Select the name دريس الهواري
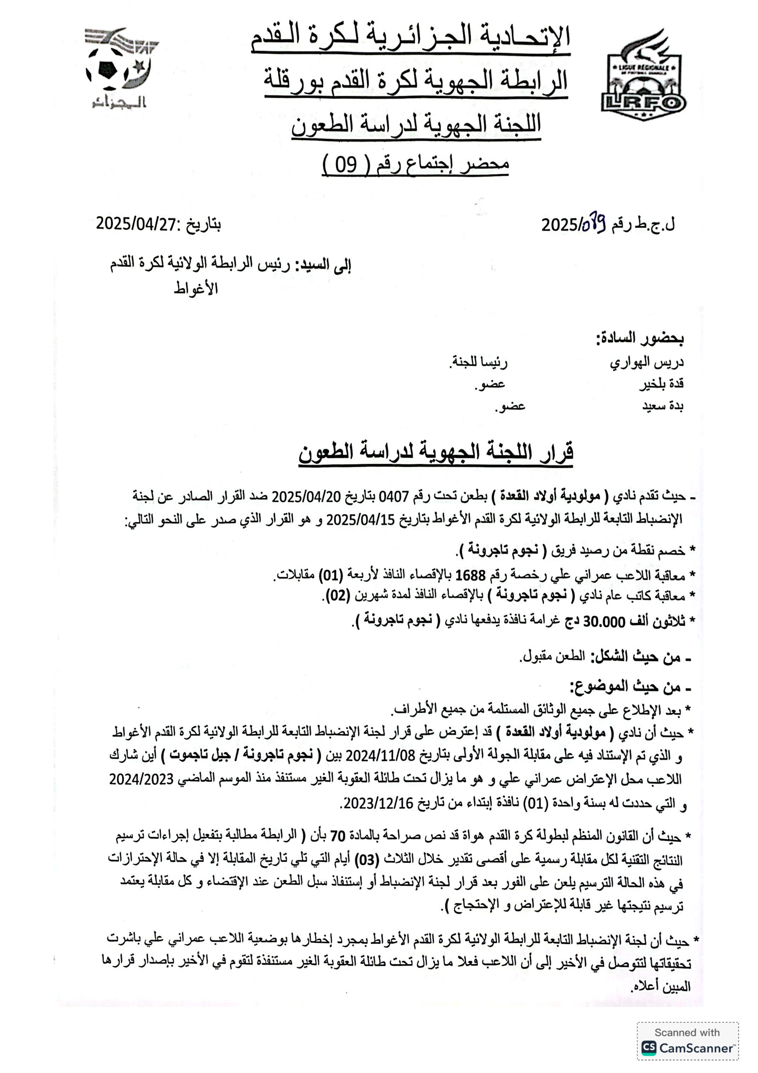point(647,363)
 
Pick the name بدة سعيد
point(663,406)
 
